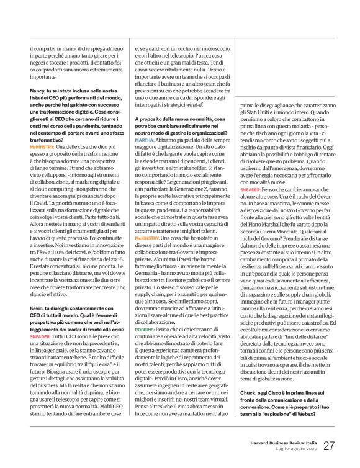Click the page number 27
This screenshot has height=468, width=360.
pyautogui.click(x=328, y=446)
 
